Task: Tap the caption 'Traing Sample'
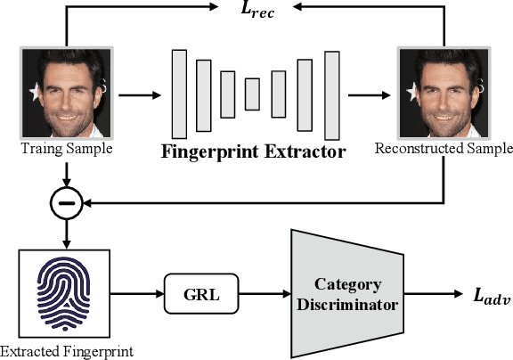tap(66, 148)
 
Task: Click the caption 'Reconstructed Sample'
tap(443, 148)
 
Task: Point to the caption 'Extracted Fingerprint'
tap(67, 351)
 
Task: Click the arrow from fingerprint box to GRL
tap(135, 292)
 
